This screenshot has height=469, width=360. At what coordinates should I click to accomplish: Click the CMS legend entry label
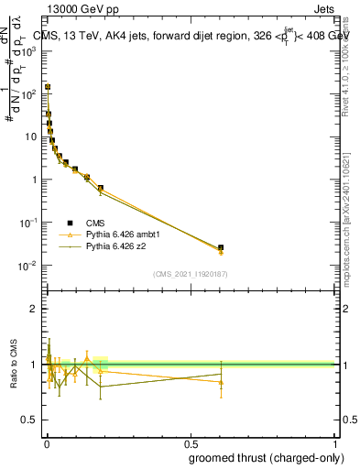tap(94, 222)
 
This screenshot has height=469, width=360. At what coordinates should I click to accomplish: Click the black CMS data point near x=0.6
tap(221, 247)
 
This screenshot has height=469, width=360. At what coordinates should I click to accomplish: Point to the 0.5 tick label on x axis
tap(190, 443)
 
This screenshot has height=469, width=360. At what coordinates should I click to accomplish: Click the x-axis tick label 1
tap(334, 443)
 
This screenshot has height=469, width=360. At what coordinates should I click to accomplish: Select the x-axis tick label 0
tap(46, 443)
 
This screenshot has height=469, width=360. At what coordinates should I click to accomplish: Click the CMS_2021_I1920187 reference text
tap(190, 274)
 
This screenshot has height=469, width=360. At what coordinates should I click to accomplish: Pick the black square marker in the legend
tap(70, 222)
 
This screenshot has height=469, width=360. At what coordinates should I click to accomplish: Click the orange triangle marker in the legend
tap(70, 234)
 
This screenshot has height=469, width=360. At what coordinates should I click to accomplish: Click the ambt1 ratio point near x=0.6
tap(221, 382)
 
